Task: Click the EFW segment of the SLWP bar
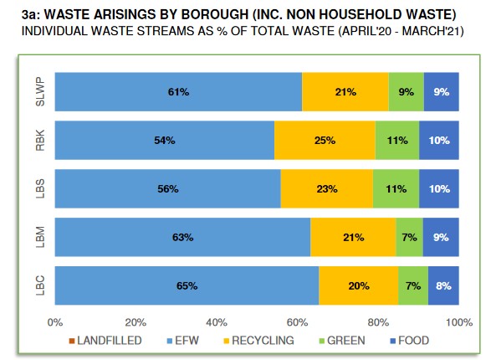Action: [178, 92]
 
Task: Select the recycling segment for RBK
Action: [325, 141]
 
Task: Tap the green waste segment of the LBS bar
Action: [396, 188]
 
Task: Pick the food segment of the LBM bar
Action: [441, 237]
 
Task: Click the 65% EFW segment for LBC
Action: [187, 285]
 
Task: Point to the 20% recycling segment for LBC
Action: [358, 285]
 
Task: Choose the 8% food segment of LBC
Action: [443, 285]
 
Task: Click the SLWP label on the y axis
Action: [39, 92]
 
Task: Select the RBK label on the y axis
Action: [39, 141]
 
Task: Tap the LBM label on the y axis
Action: [39, 237]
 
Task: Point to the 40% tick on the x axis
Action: [217, 321]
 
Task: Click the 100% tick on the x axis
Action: [458, 321]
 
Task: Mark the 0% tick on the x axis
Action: [56, 321]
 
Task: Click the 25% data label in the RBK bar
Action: [325, 141]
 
